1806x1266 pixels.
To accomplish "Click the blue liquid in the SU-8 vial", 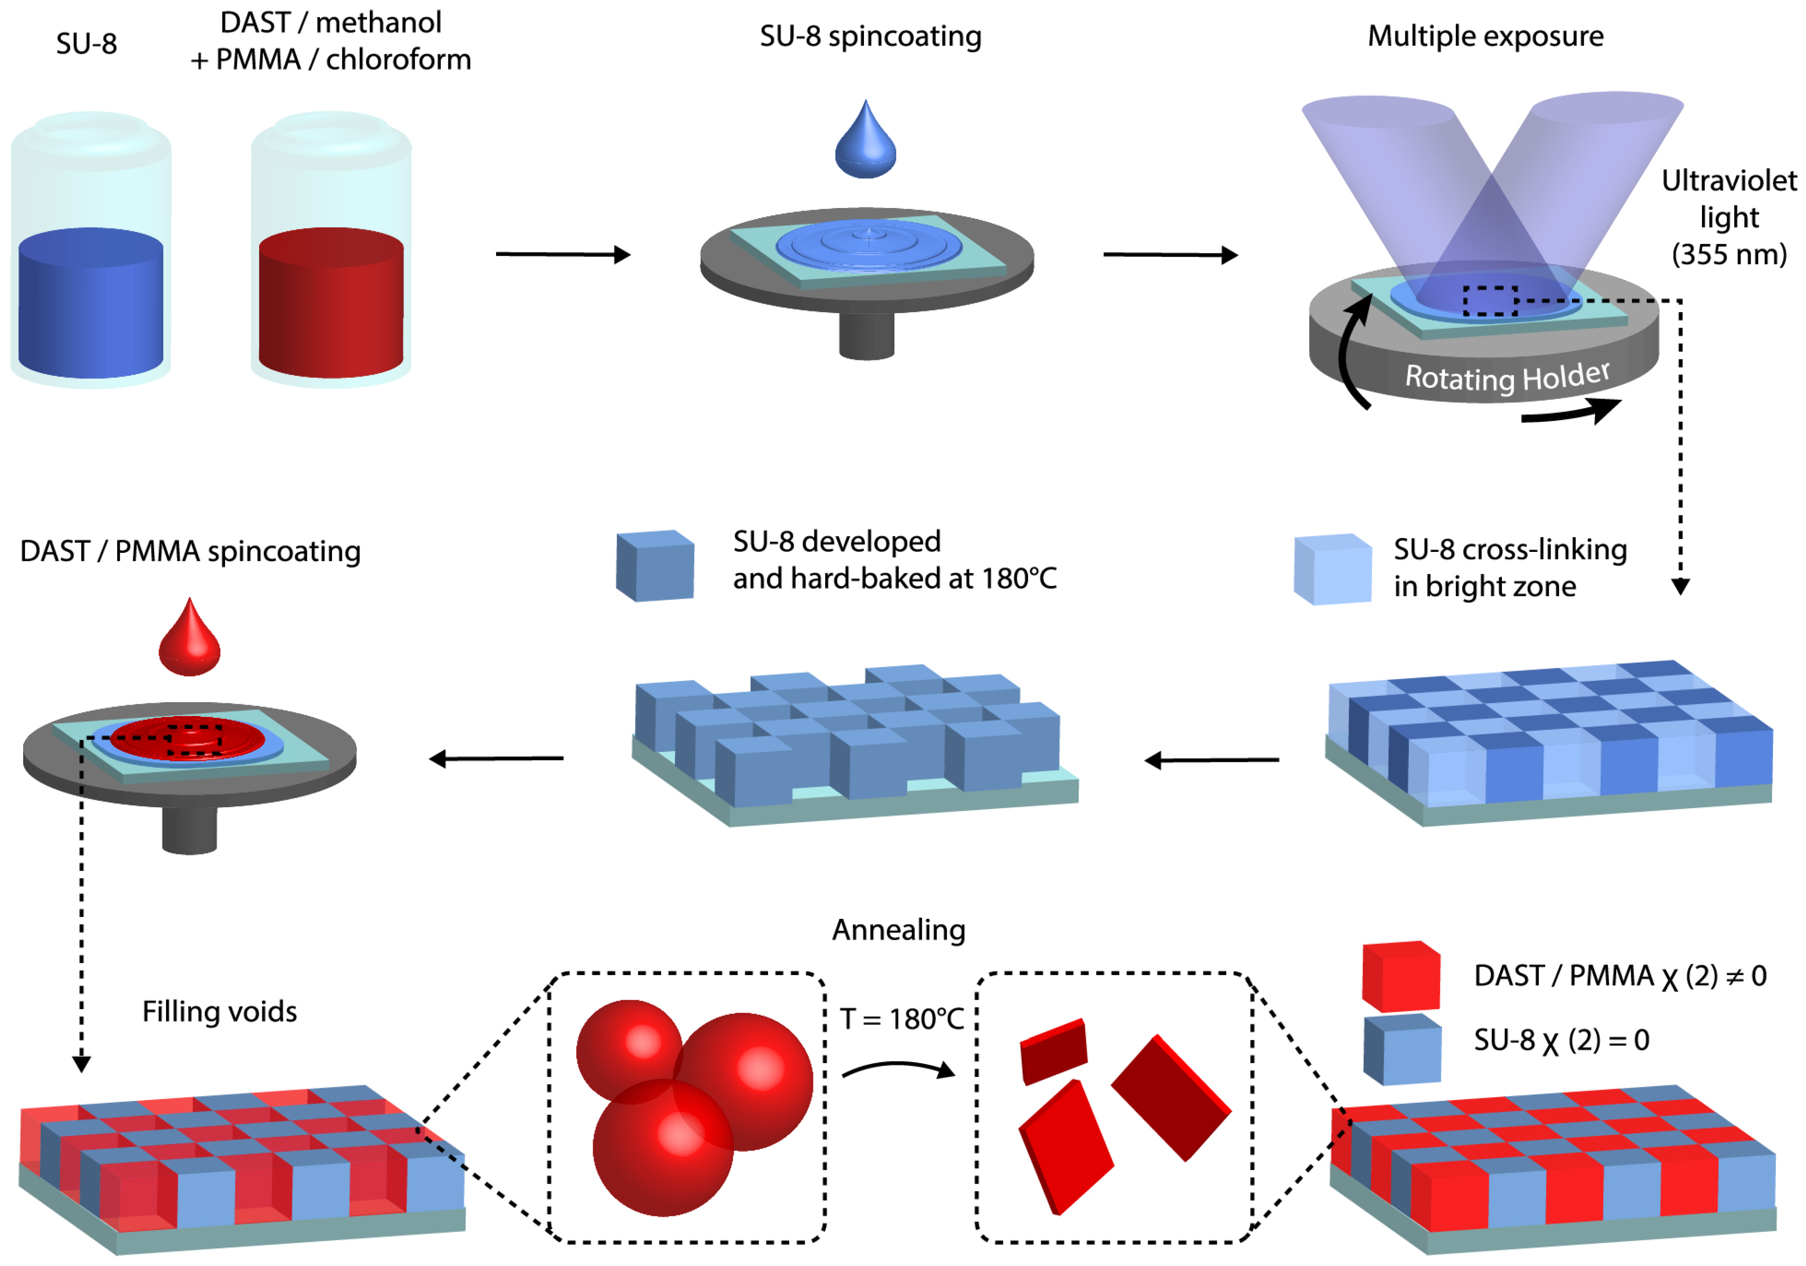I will point(90,307).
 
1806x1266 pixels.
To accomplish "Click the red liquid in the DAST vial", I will point(331,307).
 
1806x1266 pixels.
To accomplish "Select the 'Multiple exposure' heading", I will point(1485,36).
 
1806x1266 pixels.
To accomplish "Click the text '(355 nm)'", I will point(1729,254).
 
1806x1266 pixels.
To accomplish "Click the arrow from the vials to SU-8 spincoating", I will point(562,254).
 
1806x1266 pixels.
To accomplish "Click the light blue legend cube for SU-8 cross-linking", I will point(1333,570).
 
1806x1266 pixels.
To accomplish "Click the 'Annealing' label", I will point(899,930).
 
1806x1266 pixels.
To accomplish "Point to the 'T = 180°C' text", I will point(901,1020).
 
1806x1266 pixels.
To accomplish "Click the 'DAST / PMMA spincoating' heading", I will point(191,551).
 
